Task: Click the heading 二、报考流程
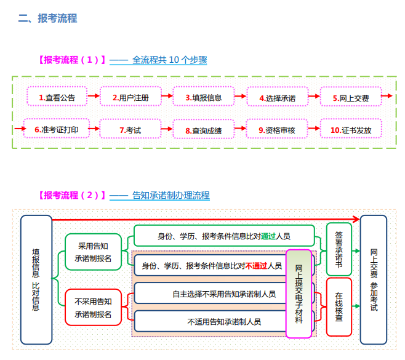pyautogui.click(x=47, y=18)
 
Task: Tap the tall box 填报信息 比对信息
pyautogui.click(x=36, y=279)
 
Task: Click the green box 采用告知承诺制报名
pyautogui.click(x=93, y=251)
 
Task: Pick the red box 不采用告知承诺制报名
pyautogui.click(x=93, y=307)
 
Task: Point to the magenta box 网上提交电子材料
pyautogui.click(x=299, y=293)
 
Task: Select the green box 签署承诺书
pyautogui.click(x=339, y=250)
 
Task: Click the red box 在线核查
pyautogui.click(x=339, y=306)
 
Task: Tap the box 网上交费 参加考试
pyautogui.click(x=374, y=279)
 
